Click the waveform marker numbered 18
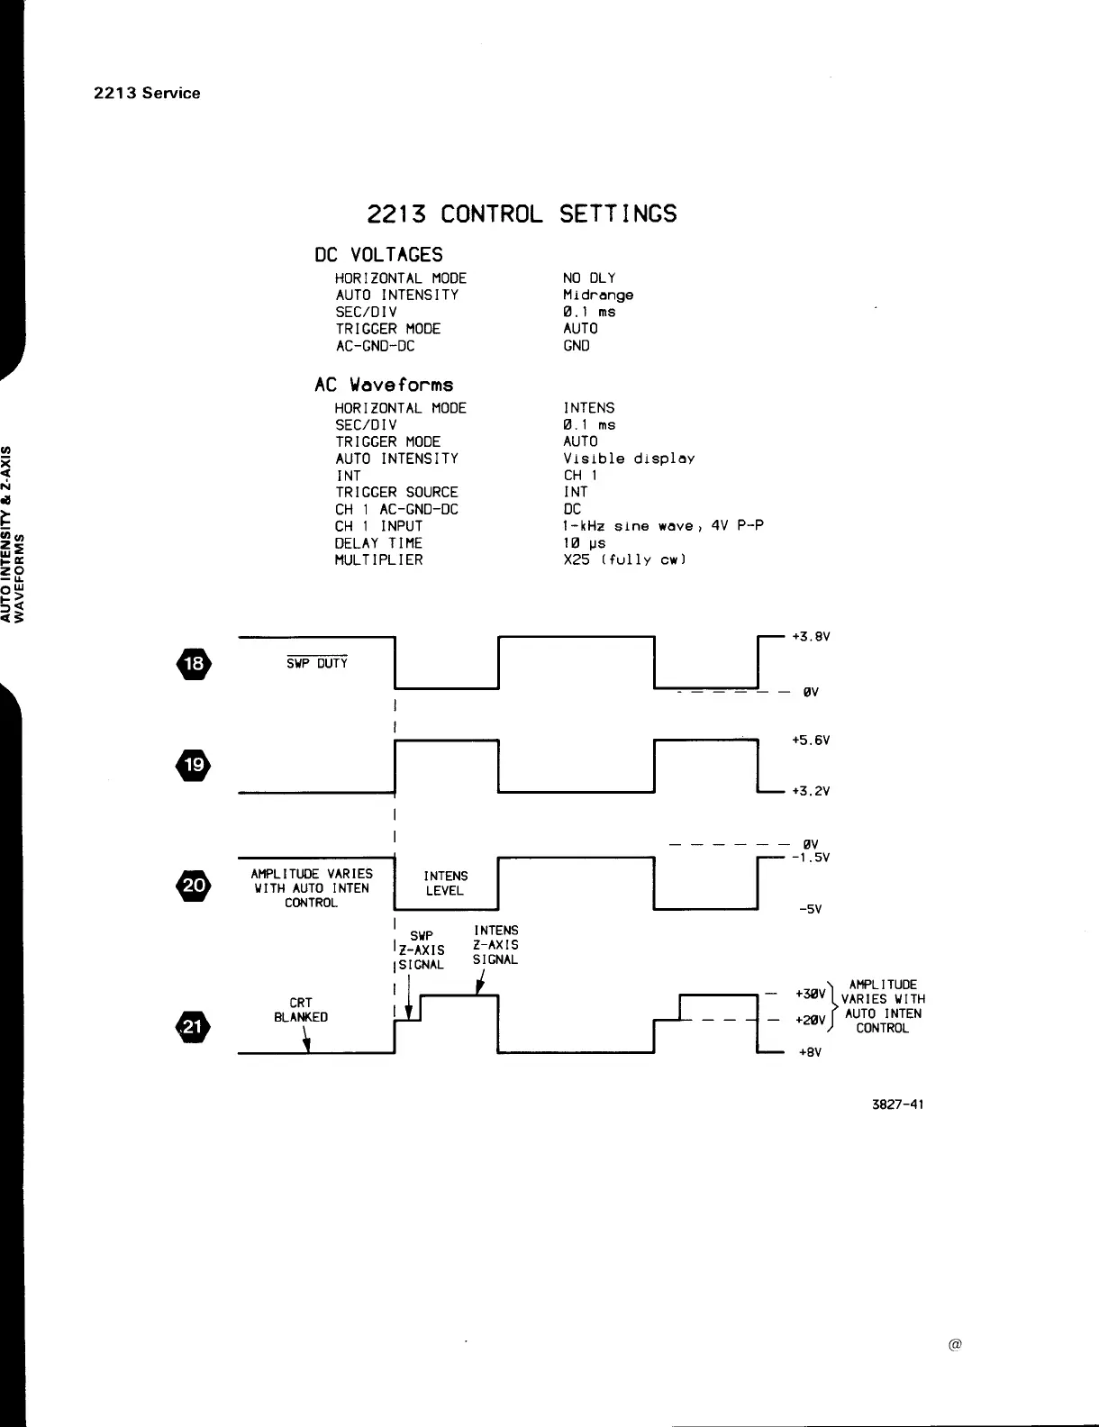[194, 665]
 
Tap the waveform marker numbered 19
[194, 767]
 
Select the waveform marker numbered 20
[194, 885]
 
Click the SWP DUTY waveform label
[311, 664]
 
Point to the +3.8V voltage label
[810, 636]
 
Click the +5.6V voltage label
[810, 740]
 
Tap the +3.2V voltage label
[810, 791]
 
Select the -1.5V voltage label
[810, 858]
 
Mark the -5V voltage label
[811, 909]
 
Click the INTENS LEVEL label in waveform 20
[445, 883]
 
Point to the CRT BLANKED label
[301, 1010]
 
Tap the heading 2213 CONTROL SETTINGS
[522, 214]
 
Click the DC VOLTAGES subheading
[378, 255]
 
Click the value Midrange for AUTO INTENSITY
[598, 295]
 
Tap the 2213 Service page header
[147, 93]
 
